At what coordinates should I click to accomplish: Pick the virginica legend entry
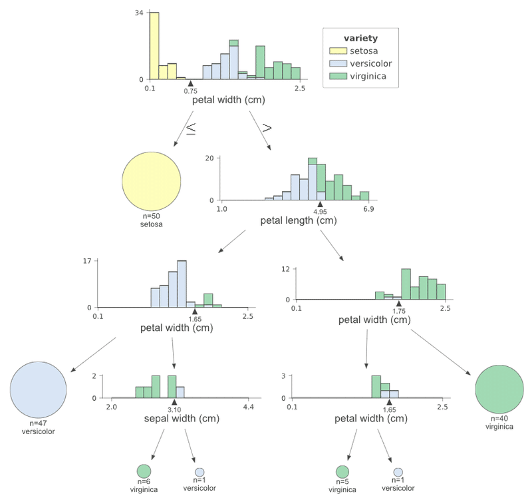(x=359, y=77)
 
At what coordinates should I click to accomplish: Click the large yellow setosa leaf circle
(x=152, y=182)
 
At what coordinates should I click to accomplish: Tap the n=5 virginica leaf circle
(x=342, y=473)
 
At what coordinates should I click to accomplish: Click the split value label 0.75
(x=191, y=91)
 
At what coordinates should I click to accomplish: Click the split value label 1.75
(x=399, y=311)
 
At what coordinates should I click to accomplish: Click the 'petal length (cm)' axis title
(x=295, y=220)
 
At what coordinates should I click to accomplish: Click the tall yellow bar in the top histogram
(x=154, y=46)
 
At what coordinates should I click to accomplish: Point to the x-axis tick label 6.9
(x=368, y=210)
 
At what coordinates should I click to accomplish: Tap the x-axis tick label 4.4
(x=247, y=407)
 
